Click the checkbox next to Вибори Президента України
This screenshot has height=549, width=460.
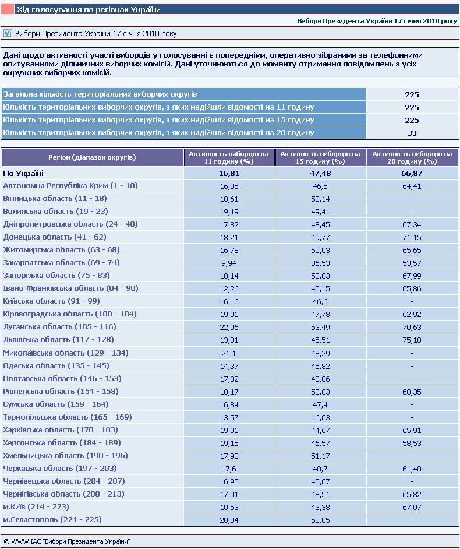click(x=8, y=33)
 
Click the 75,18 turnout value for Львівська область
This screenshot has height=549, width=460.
click(x=412, y=340)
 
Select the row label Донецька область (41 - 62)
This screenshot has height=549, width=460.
click(x=55, y=237)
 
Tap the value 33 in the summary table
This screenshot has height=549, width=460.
click(x=412, y=133)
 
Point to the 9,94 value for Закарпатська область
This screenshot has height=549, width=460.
click(x=229, y=263)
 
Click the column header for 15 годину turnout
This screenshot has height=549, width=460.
click(x=320, y=157)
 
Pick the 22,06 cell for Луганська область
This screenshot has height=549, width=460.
click(x=229, y=327)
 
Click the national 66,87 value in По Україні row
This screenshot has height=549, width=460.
click(x=412, y=173)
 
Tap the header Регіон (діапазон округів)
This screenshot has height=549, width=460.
click(x=93, y=157)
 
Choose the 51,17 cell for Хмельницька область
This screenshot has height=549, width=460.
click(x=320, y=455)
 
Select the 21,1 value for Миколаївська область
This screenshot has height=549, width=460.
click(x=229, y=353)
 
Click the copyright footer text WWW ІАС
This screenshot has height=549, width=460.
click(x=67, y=541)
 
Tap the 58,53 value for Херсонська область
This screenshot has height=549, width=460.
click(x=412, y=442)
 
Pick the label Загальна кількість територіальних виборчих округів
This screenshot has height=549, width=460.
click(x=100, y=94)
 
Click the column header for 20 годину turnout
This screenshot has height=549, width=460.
click(x=412, y=157)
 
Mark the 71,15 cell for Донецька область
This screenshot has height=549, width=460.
click(x=412, y=237)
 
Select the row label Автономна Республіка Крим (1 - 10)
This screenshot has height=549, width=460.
click(x=70, y=186)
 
